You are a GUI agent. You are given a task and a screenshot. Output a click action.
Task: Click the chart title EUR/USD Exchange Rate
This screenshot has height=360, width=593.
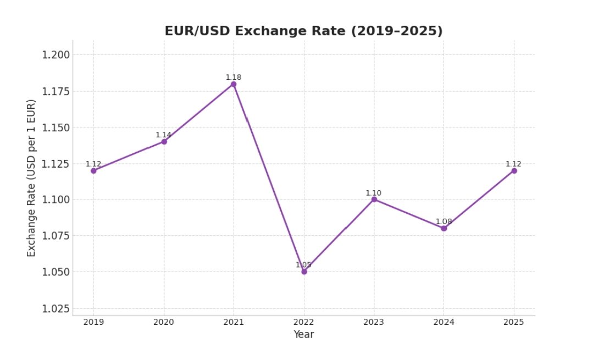pyautogui.click(x=303, y=31)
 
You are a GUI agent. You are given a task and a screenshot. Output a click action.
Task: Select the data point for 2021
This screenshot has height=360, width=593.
pyautogui.click(x=234, y=84)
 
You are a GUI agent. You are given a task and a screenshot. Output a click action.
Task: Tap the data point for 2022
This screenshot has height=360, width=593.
pyautogui.click(x=304, y=272)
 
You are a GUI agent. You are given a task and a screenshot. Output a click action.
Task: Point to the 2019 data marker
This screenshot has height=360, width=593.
pyautogui.click(x=93, y=170)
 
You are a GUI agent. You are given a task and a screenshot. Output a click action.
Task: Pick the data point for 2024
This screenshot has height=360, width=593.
pyautogui.click(x=444, y=228)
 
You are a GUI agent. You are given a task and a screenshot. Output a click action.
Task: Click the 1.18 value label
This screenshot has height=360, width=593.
pyautogui.click(x=234, y=77)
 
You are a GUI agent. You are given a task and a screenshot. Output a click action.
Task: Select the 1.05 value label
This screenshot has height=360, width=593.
pyautogui.click(x=303, y=265)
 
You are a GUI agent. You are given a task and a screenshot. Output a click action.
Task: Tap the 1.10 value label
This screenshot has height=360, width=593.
pyautogui.click(x=374, y=193)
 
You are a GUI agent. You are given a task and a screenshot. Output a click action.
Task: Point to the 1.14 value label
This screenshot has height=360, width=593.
pyautogui.click(x=163, y=135)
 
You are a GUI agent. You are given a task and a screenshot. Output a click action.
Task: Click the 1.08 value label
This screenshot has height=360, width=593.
pyautogui.click(x=444, y=221)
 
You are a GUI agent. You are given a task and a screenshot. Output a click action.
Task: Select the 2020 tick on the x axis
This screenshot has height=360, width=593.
pyautogui.click(x=164, y=322)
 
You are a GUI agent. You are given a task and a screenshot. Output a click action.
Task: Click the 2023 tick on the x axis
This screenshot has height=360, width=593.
pyautogui.click(x=374, y=322)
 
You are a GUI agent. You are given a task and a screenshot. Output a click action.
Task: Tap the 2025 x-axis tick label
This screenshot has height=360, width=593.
pyautogui.click(x=514, y=322)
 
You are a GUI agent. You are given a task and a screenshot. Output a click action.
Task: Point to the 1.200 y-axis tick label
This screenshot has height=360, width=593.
pyautogui.click(x=56, y=55)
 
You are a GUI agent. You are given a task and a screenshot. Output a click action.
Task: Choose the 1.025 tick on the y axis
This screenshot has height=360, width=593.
pyautogui.click(x=56, y=308)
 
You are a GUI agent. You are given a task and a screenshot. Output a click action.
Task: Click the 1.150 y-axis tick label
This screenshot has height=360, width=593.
pyautogui.click(x=56, y=128)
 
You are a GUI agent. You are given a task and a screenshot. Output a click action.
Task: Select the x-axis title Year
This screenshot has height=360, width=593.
pyautogui.click(x=303, y=334)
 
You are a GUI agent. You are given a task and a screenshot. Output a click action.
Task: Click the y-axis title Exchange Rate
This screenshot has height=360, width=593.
pyautogui.click(x=32, y=178)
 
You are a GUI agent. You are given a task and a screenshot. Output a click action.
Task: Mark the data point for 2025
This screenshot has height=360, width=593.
pyautogui.click(x=514, y=170)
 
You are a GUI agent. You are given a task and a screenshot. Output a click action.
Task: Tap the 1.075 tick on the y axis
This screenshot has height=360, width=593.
pyautogui.click(x=56, y=236)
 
